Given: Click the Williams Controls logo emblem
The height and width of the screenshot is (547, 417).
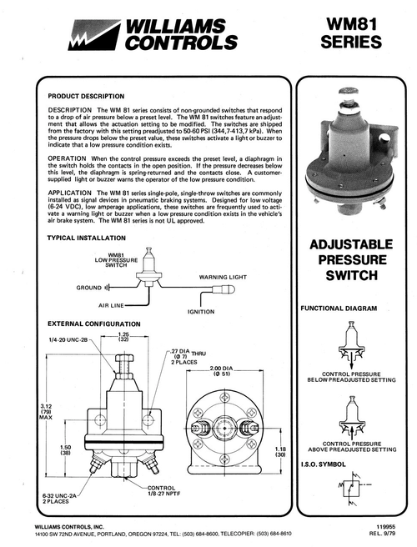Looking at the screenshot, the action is tap(94, 35).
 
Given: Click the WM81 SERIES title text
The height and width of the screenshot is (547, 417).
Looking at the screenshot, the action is tap(351, 33).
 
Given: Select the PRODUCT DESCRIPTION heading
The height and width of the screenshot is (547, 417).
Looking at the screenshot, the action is tap(86, 96).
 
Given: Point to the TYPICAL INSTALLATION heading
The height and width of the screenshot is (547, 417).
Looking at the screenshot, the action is tap(87, 238).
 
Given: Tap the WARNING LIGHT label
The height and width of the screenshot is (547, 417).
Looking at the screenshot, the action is tap(223, 278).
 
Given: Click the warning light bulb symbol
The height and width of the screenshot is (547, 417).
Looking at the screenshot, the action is tap(224, 289).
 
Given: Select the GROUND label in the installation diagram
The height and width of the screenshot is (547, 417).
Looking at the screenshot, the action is tap(89, 288).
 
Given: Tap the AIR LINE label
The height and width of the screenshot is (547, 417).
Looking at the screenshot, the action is tap(111, 305).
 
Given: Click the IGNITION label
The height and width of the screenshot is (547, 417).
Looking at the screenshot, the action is tap(201, 312).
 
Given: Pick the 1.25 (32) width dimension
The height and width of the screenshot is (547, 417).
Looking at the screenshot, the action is tap(123, 337).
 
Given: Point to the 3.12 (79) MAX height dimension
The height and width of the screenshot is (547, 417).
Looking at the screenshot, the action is tap(46, 412).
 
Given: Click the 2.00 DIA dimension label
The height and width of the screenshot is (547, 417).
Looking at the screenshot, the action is tap(221, 371).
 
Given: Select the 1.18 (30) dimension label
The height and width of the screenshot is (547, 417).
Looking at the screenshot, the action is tap(280, 452).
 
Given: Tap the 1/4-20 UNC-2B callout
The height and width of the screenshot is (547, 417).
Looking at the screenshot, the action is tap(68, 340).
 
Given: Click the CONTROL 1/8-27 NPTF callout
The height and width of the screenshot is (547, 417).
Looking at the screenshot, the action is tap(163, 491).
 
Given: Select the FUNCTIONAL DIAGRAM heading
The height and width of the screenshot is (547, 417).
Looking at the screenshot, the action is tap(339, 309).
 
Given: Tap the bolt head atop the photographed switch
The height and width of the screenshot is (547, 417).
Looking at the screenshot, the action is tap(348, 92).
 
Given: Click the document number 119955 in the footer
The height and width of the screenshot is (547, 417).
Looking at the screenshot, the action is tap(386, 528).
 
